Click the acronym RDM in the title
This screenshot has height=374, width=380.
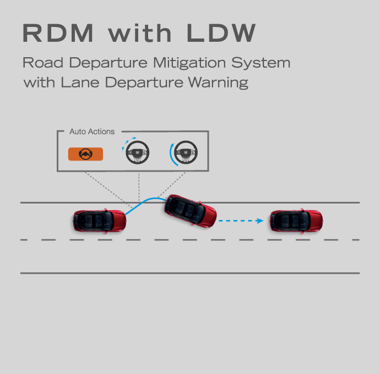pyautogui.click(x=58, y=33)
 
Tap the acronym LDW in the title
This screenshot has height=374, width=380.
pyautogui.click(x=221, y=33)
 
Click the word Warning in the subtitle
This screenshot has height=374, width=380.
pyautogui.click(x=218, y=83)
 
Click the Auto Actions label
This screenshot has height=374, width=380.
pyautogui.click(x=92, y=131)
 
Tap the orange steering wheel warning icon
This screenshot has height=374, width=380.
pyautogui.click(x=85, y=154)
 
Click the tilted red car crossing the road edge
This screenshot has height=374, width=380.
pyautogui.click(x=191, y=211)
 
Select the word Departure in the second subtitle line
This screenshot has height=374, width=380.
pyautogui.click(x=144, y=83)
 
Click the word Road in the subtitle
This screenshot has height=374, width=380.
pyautogui.click(x=43, y=63)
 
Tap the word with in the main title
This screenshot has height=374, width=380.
pyautogui.click(x=140, y=33)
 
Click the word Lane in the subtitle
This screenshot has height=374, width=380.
pyautogui.click(x=80, y=82)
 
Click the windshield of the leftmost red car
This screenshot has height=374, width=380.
pyautogui.click(x=110, y=221)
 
